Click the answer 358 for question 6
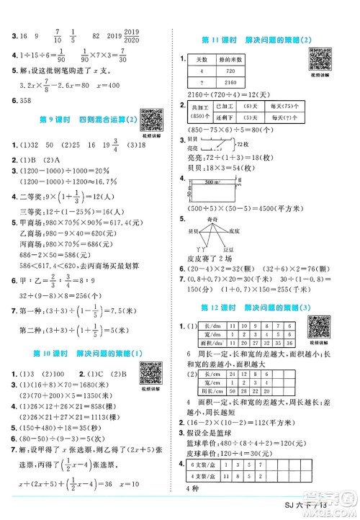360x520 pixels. point(21,97)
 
